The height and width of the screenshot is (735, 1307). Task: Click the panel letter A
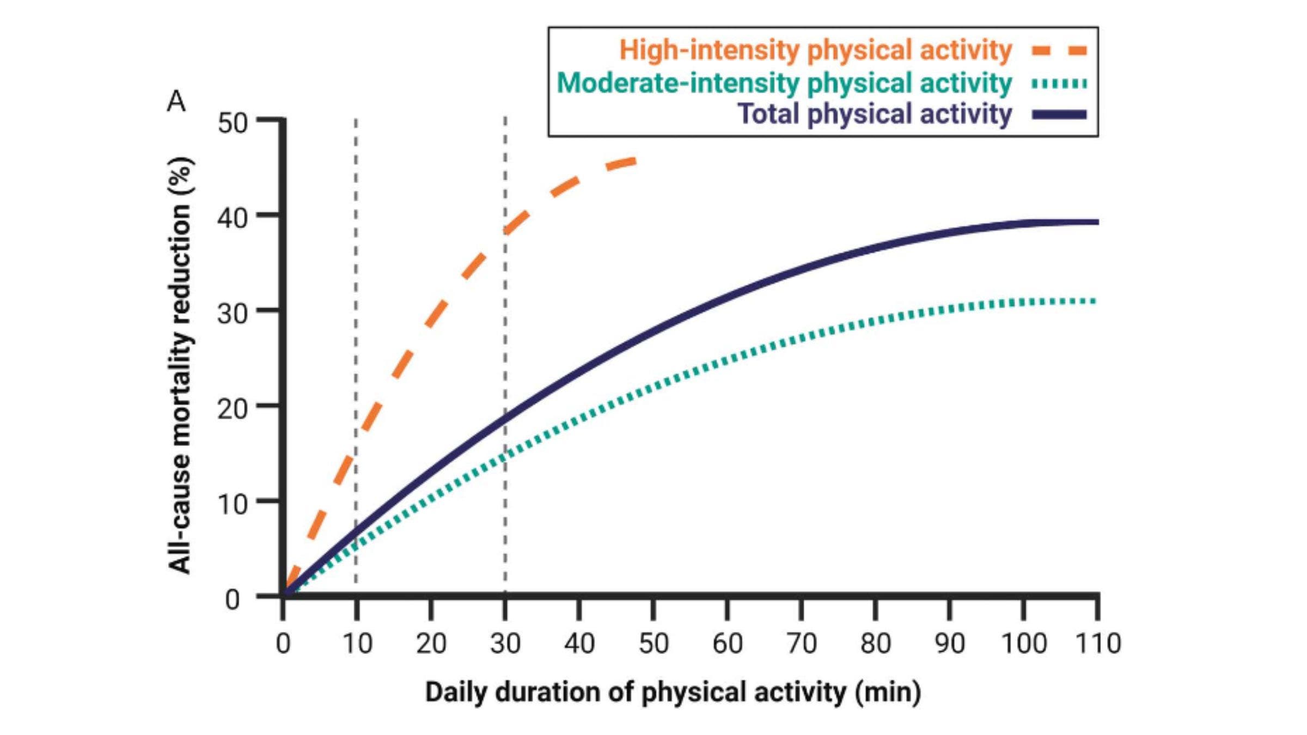[176, 101]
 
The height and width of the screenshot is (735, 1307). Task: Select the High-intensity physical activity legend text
[815, 50]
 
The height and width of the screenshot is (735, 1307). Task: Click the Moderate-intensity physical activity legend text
[784, 83]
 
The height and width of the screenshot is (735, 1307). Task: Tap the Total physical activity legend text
[874, 114]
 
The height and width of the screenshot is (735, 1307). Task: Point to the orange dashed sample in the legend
[1059, 51]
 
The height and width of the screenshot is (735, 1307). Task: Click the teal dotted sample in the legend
[1059, 84]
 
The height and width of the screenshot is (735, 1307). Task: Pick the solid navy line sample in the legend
[1059, 115]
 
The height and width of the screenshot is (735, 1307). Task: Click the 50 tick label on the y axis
[233, 123]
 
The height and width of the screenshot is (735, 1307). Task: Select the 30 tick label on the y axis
[233, 314]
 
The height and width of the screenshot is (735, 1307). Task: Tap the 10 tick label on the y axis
[233, 505]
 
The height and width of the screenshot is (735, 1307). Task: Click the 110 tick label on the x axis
[1098, 644]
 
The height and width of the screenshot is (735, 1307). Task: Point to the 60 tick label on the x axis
[727, 644]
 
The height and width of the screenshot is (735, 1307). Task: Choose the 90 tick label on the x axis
[950, 644]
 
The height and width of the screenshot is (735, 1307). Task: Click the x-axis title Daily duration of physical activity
[673, 693]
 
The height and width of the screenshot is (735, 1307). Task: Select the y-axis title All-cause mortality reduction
[180, 365]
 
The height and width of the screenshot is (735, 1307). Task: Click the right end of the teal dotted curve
[1095, 301]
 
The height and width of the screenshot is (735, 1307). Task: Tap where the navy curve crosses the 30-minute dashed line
[505, 419]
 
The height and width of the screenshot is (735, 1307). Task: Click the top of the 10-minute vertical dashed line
[356, 120]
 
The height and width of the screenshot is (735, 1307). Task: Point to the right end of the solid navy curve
[1097, 222]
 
